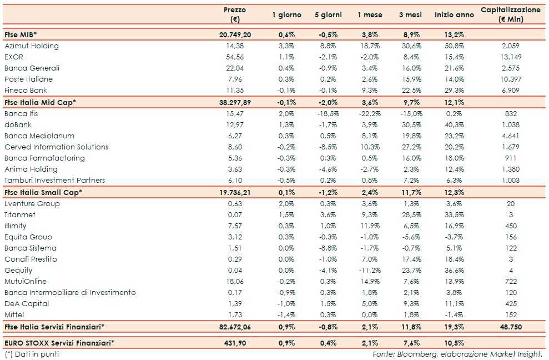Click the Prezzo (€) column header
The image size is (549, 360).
coord(234,14)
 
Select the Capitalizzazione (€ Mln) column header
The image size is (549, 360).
coord(510,14)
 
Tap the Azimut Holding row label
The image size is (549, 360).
coord(31,46)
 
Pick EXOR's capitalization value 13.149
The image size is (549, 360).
coord(511,57)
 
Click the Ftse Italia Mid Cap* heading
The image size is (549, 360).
coord(40,102)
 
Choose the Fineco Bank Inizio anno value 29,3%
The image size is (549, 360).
coord(454,91)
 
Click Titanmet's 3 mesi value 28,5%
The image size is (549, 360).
coord(411,215)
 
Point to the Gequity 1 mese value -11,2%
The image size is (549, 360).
coord(370,271)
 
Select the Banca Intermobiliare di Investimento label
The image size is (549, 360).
coord(70,293)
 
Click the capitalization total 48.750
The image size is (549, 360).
coord(510,327)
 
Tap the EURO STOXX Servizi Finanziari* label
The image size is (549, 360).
coord(59,343)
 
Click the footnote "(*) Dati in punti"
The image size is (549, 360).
coord(32,354)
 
